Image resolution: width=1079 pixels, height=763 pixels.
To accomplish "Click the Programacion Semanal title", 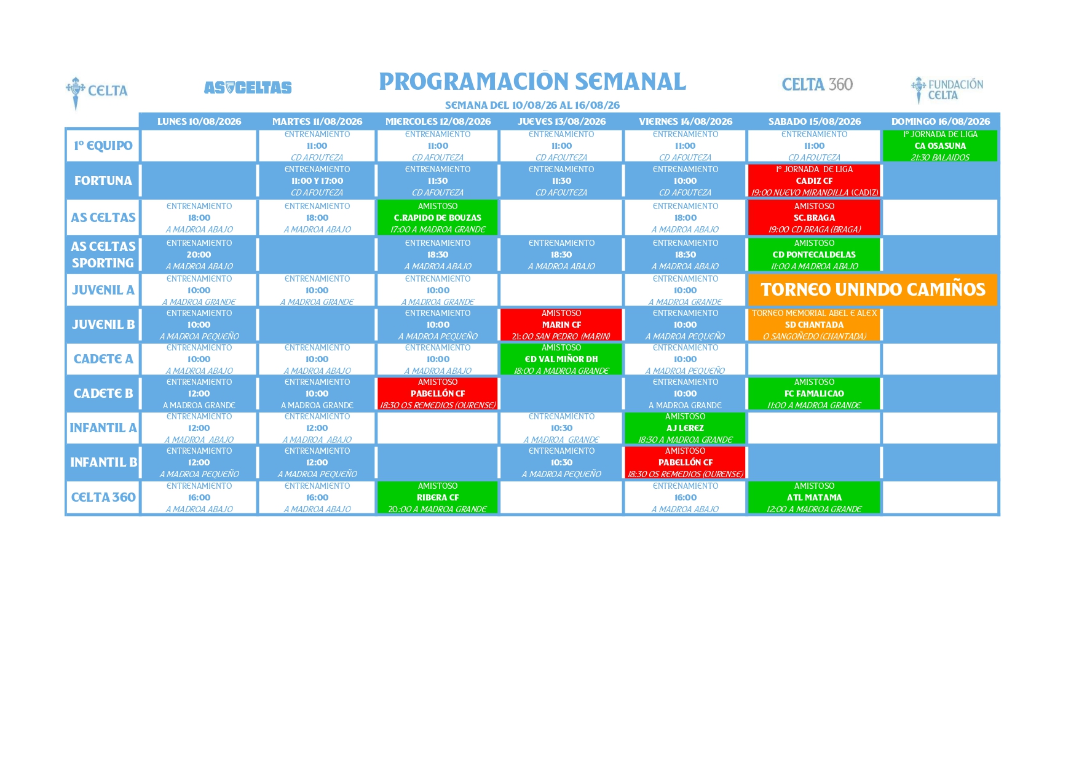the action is pos(532,82).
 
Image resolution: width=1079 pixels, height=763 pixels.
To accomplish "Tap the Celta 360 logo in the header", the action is pos(817,85).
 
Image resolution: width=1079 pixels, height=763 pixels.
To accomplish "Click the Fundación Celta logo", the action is pos(947,90).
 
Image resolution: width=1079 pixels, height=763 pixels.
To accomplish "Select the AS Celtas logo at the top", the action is pos(248,88).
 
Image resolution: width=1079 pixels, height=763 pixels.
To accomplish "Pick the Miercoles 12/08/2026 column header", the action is pos(438,122).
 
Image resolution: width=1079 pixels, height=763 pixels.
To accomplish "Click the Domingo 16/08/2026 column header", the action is pos(941,122).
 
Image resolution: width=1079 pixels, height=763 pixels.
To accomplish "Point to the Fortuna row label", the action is pos(103,181).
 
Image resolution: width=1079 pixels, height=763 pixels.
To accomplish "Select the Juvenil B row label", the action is pos(103,325).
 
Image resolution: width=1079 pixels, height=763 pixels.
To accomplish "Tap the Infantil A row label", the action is pos(103,428).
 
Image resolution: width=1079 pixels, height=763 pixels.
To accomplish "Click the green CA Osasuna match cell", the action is pos(940,146).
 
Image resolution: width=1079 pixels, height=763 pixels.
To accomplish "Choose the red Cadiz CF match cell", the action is pos(814,181).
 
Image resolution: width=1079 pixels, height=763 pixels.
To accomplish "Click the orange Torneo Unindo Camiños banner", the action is pos(873,290).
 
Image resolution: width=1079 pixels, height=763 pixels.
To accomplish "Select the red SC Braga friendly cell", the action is pos(814,218).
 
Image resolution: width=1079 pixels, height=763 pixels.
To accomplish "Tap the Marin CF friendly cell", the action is pos(561,325).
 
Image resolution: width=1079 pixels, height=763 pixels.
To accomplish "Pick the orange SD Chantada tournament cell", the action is pos(814,325).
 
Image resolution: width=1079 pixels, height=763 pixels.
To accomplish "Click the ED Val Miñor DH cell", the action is pos(561,359).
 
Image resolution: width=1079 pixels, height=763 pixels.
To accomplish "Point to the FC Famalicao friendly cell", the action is pos(814,393).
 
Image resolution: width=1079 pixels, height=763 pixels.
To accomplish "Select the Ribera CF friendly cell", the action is pos(438,497).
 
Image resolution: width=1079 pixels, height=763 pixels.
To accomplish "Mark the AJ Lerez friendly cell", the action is pos(685,428).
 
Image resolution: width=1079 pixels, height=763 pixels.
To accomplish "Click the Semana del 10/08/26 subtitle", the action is pos(532,105).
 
